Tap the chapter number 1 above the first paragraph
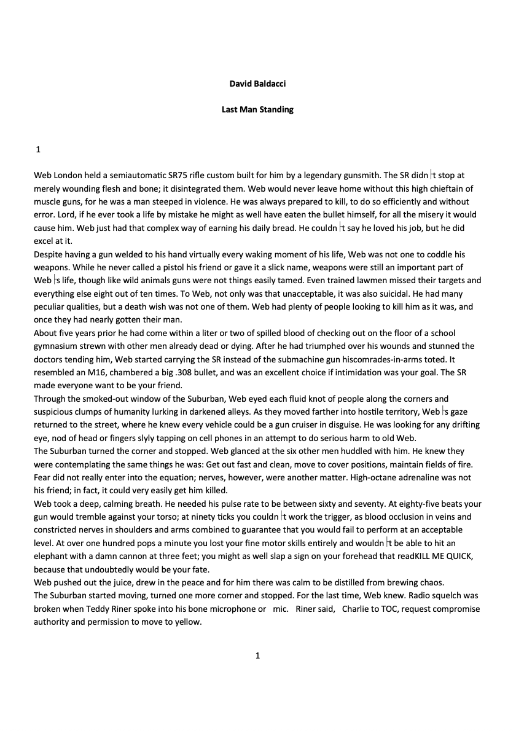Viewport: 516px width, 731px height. click(x=39, y=149)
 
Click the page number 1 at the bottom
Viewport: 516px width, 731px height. click(x=257, y=655)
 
